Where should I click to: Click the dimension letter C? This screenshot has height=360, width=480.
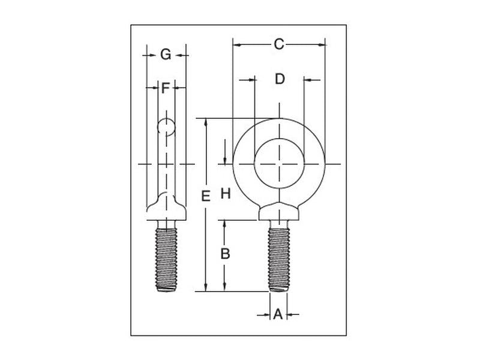278,44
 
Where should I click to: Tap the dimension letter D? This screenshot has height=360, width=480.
279,79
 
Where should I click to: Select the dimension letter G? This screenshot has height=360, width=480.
166,55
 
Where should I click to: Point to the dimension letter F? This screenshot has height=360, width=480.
166,89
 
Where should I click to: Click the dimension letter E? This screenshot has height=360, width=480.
205,196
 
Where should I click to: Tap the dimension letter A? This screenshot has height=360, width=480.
277,314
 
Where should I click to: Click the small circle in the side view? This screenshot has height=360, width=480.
166,126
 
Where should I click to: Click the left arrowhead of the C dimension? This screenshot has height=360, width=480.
236,44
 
